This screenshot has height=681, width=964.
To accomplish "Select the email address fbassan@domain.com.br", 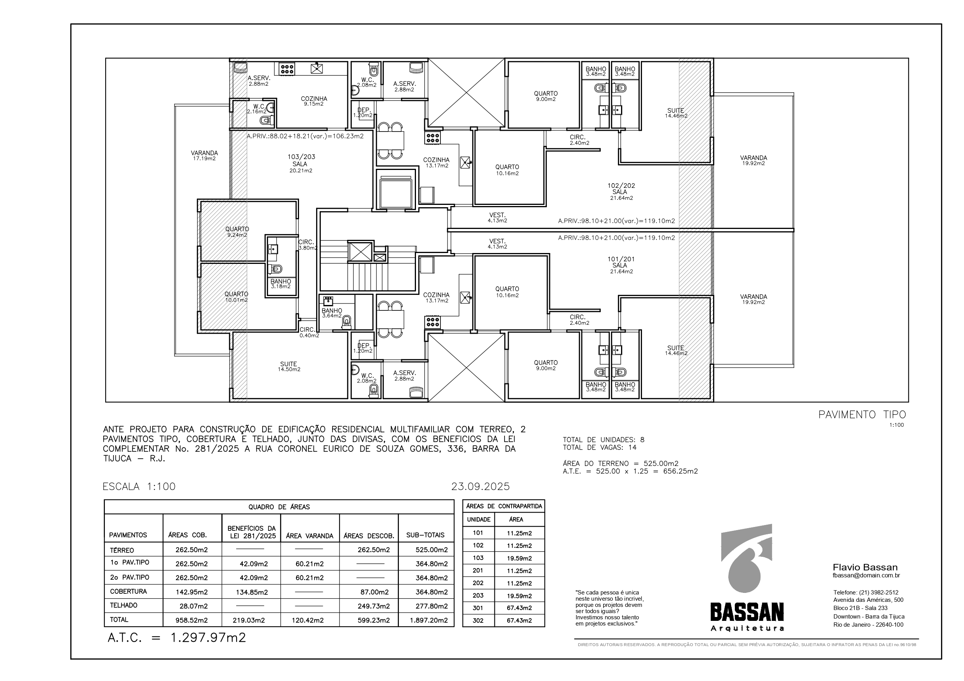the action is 866,576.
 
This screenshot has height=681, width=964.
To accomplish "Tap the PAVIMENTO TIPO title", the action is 862,414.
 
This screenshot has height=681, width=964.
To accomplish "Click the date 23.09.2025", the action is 480,486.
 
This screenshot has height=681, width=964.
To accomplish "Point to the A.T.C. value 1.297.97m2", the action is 208,638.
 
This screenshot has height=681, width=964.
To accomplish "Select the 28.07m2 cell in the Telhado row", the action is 192,606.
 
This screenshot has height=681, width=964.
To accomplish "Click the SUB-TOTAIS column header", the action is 425,535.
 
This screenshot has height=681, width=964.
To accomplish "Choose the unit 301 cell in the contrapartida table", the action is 478,608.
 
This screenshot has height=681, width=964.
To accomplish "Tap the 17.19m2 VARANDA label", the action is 204,156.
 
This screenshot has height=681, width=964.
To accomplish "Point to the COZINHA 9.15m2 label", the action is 314,101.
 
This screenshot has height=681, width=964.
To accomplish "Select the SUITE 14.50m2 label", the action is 289,367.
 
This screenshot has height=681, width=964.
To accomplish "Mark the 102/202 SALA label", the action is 621,191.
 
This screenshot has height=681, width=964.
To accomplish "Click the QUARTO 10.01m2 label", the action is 237,297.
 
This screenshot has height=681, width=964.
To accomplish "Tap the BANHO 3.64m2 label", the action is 332,313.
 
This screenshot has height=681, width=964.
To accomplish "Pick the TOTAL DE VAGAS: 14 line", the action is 600,447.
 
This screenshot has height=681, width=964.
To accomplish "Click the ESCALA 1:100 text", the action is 139,486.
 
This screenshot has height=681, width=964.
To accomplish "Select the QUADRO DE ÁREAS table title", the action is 279,507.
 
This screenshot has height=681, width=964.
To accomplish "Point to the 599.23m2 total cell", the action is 374,620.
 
